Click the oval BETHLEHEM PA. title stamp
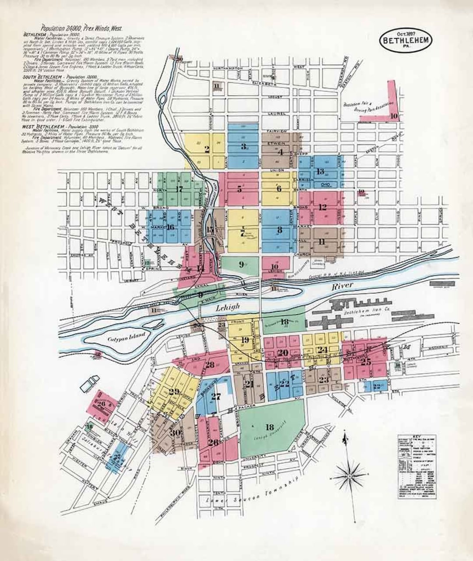click(406, 40)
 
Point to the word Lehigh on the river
click(227, 308)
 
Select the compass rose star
click(350, 475)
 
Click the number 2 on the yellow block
click(207, 148)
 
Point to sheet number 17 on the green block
click(178, 190)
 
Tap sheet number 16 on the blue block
click(170, 227)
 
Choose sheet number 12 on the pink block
click(323, 207)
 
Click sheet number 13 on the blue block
click(321, 171)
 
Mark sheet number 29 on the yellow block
click(174, 392)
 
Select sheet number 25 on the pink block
click(366, 362)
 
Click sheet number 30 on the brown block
click(175, 433)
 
